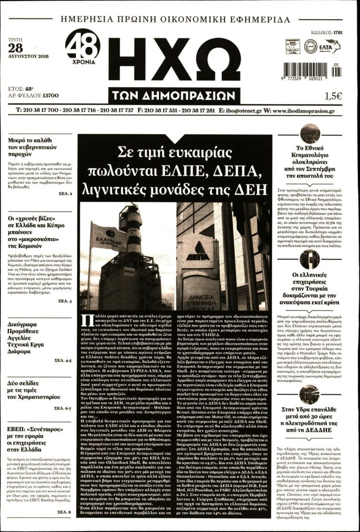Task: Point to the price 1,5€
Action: click(x=333, y=97)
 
